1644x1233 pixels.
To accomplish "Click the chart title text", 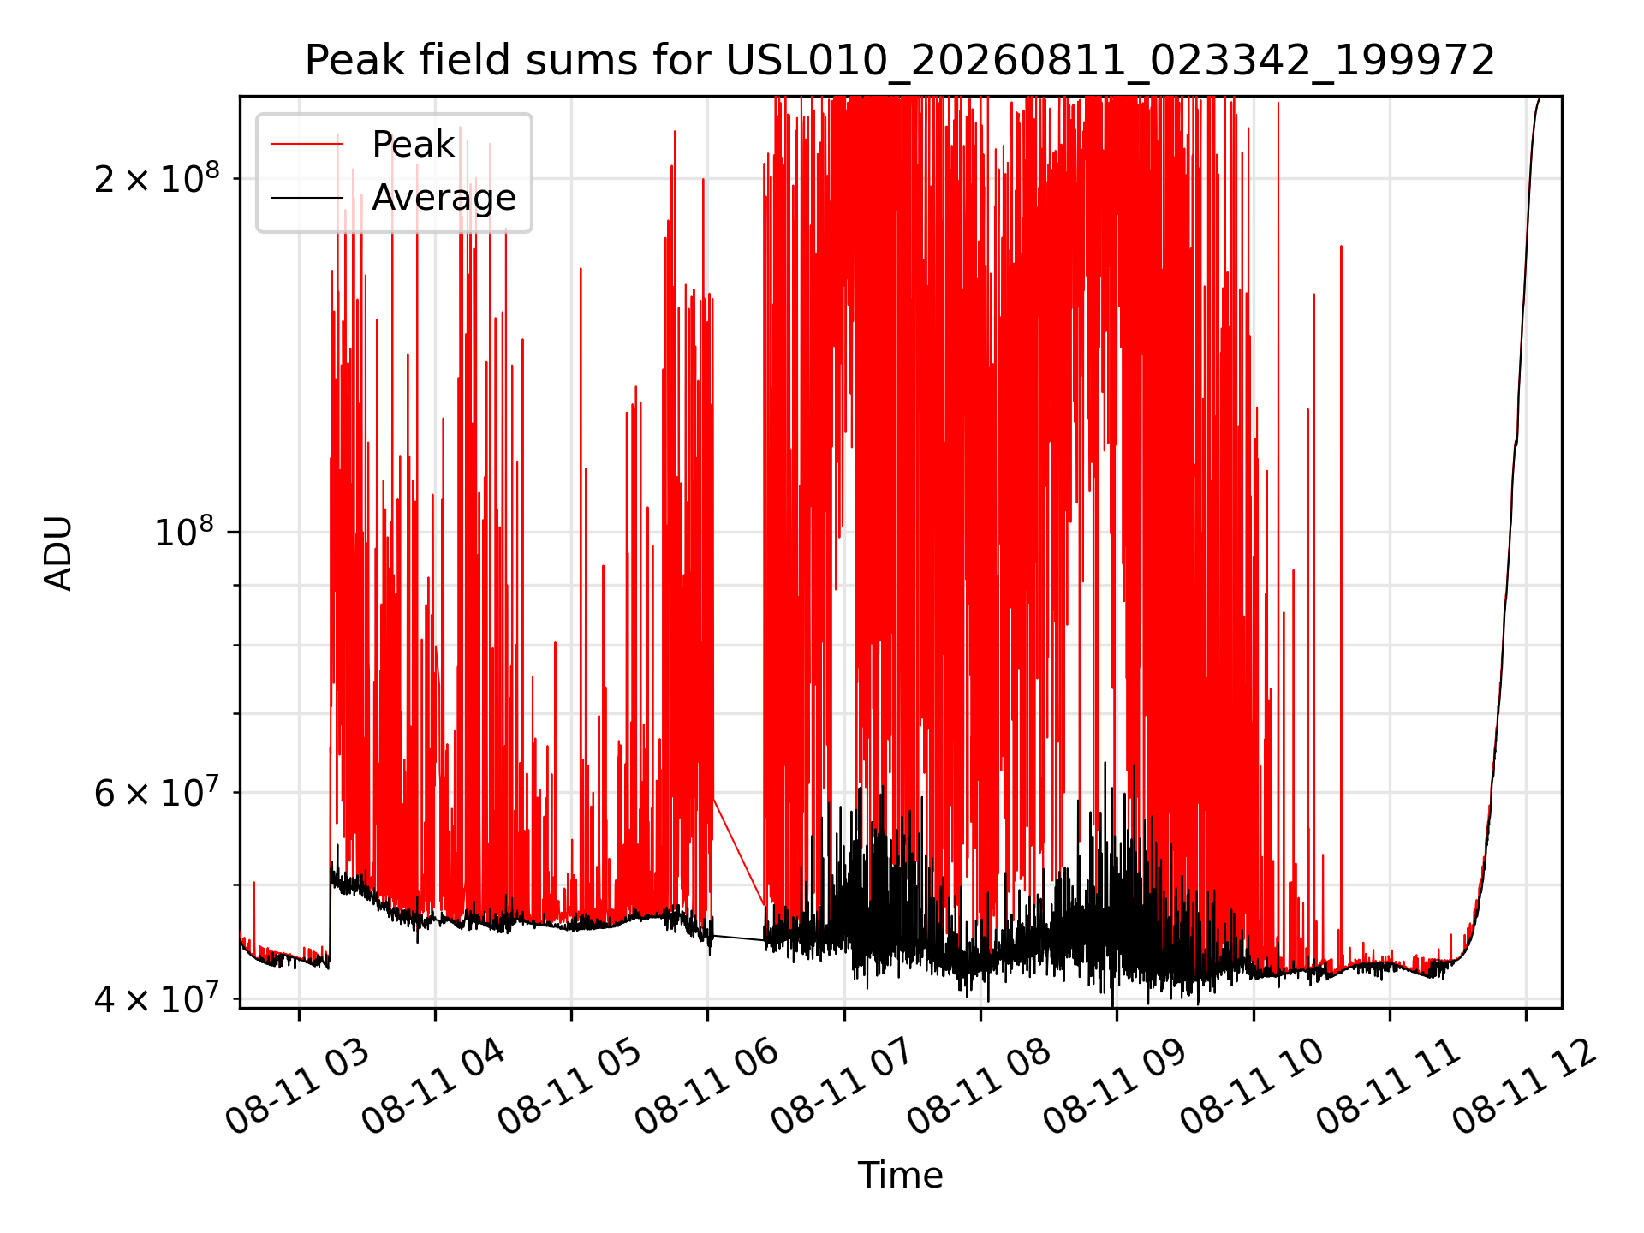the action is pyautogui.click(x=900, y=61).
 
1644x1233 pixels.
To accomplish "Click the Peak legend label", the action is pyautogui.click(x=413, y=145).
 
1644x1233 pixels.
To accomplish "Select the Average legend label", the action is pyautogui.click(x=444, y=198).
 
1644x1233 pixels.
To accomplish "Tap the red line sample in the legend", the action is pyautogui.click(x=307, y=145).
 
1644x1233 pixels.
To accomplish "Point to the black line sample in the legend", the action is pyautogui.click(x=307, y=199).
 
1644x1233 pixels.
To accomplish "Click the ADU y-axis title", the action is pyautogui.click(x=58, y=553).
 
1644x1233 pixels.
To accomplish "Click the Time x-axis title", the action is pyautogui.click(x=900, y=1175).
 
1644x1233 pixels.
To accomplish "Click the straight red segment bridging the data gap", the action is pyautogui.click(x=739, y=851).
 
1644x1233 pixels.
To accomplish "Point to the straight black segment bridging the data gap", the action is pyautogui.click(x=738, y=938).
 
